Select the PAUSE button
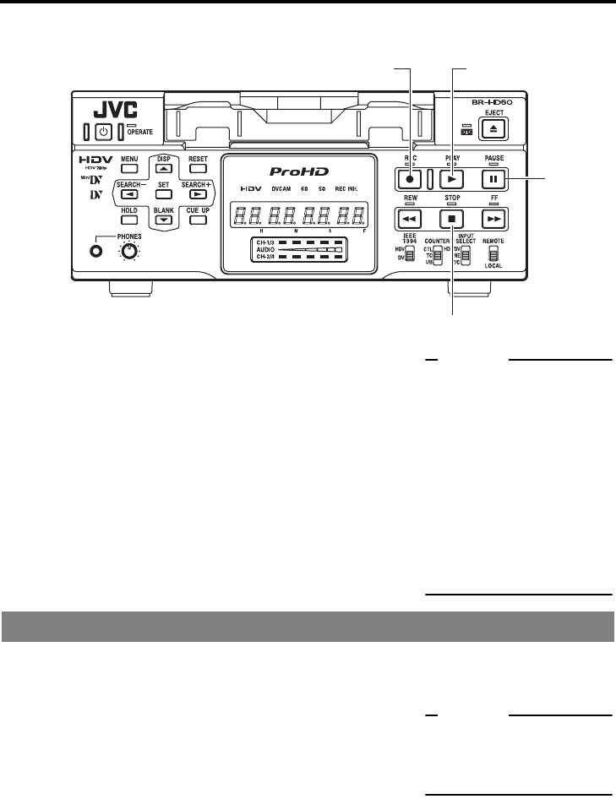(493, 179)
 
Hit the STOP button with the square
(452, 216)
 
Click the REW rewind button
(411, 216)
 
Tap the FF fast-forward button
(493, 216)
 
